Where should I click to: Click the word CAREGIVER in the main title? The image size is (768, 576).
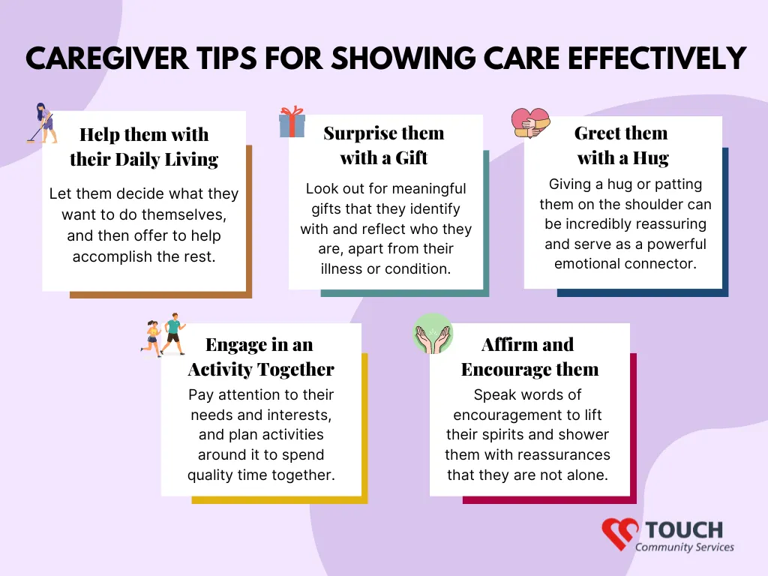pyautogui.click(x=107, y=58)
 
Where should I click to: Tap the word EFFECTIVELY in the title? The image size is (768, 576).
pyautogui.click(x=657, y=58)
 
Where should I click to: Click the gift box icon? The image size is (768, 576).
pyautogui.click(x=292, y=121)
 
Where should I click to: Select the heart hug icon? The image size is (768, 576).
pyautogui.click(x=530, y=122)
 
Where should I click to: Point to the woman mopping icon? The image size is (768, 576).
pyautogui.click(x=42, y=123)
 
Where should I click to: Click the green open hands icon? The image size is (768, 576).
pyautogui.click(x=433, y=334)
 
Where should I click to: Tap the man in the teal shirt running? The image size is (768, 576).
pyautogui.click(x=173, y=333)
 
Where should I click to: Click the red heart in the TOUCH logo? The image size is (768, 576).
pyautogui.click(x=619, y=533)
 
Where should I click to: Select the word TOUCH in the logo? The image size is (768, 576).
pyautogui.click(x=684, y=530)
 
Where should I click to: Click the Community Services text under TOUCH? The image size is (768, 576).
pyautogui.click(x=684, y=547)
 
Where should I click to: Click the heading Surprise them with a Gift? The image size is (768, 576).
pyautogui.click(x=384, y=145)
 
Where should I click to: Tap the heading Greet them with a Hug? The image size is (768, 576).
pyautogui.click(x=622, y=145)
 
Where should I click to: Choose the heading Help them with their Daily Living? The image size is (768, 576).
pyautogui.click(x=144, y=147)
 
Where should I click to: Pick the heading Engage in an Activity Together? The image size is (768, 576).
pyautogui.click(x=261, y=356)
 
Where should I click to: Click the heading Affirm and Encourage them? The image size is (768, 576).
pyautogui.click(x=529, y=356)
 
